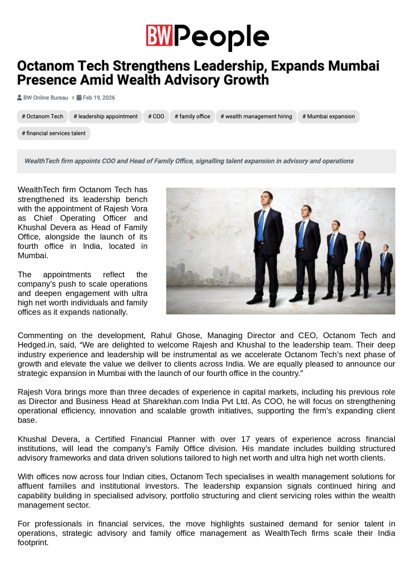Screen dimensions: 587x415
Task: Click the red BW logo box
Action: (x=159, y=35)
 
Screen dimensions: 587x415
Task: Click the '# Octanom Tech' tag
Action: (x=42, y=116)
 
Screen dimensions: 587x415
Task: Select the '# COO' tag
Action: (x=156, y=116)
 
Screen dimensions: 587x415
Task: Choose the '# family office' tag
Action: (x=192, y=116)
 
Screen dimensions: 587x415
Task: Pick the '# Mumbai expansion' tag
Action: (x=328, y=116)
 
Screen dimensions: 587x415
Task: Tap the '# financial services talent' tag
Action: (x=54, y=133)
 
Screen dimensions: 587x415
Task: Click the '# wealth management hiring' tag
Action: (x=256, y=116)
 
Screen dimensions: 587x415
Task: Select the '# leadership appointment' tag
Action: (x=106, y=116)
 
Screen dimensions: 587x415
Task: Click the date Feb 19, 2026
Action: (x=99, y=98)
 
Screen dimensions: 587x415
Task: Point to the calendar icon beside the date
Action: (x=79, y=98)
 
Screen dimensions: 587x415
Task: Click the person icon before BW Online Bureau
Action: (x=20, y=98)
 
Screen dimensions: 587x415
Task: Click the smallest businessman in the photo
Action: (x=386, y=269)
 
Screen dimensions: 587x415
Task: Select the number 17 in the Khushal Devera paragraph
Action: (x=245, y=439)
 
